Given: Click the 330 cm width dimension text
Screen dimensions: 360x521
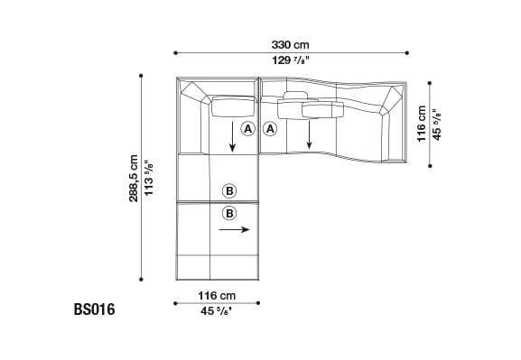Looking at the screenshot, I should click(x=292, y=43).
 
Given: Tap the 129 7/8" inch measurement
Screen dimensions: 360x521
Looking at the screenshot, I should click(x=292, y=61).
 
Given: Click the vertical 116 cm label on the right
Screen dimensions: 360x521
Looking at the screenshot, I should click(x=422, y=122).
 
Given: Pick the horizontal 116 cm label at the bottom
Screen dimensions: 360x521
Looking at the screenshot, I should click(x=217, y=295).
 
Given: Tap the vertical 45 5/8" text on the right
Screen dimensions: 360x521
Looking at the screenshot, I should click(x=438, y=122).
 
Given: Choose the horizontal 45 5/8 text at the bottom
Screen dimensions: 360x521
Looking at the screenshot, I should click(x=217, y=312).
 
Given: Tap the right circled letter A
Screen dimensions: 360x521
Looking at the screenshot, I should click(x=270, y=130).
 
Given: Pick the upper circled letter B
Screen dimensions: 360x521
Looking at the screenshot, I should click(x=228, y=190).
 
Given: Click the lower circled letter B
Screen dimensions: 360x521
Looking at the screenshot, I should click(x=228, y=213).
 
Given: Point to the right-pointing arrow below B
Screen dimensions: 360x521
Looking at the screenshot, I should click(x=233, y=230).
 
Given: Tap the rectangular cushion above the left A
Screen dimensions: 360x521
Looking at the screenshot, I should click(x=232, y=109).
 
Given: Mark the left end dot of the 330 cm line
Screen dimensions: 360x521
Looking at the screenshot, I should click(x=175, y=52).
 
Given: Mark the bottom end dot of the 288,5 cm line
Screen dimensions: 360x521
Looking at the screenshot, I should click(x=142, y=281).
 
